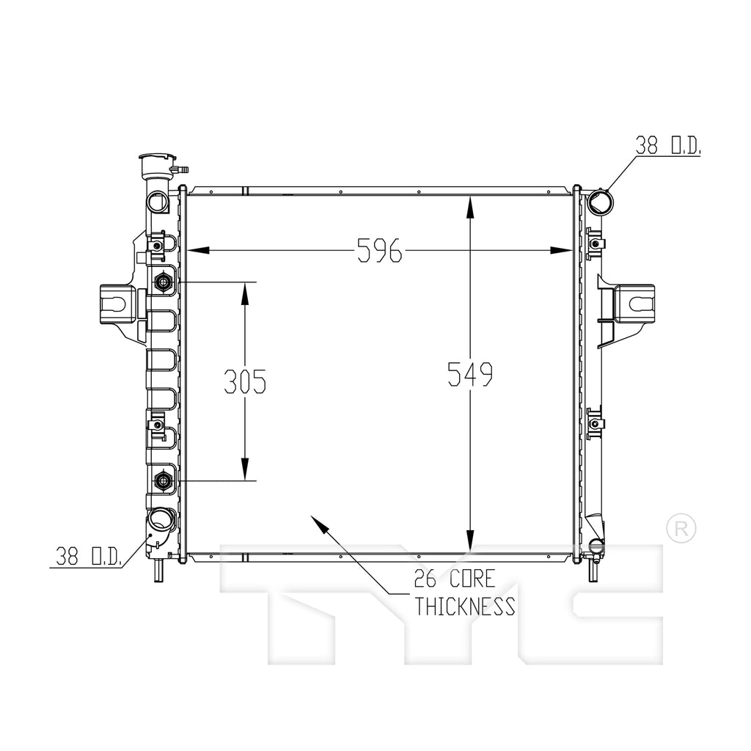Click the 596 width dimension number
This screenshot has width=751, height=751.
point(379,251)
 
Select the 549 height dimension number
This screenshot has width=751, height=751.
point(470,374)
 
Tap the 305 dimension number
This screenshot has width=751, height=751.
point(245,381)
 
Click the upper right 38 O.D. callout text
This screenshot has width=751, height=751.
point(667,146)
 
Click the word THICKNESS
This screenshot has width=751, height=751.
point(464,606)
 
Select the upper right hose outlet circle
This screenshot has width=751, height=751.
point(600,202)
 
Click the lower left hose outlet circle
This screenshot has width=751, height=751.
point(158,521)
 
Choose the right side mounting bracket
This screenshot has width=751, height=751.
point(634,304)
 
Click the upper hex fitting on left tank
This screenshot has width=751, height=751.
point(164,282)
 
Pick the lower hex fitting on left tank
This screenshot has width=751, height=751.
point(164,480)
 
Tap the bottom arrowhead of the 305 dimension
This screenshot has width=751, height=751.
point(245,469)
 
